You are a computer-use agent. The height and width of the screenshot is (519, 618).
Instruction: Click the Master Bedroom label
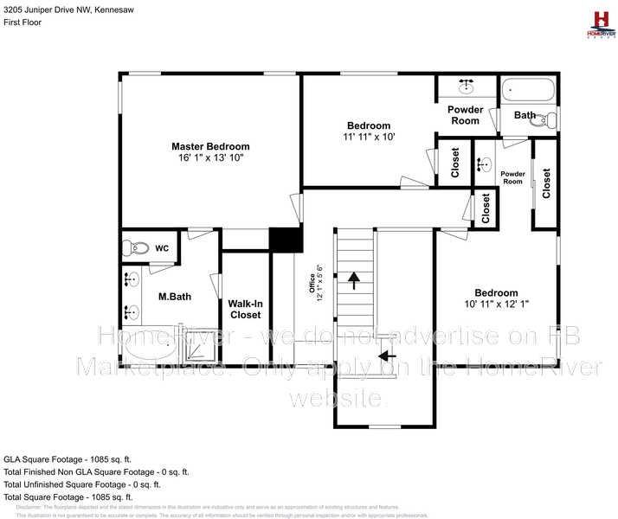(210, 146)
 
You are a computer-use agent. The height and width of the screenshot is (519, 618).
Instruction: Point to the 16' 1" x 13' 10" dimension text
(210, 158)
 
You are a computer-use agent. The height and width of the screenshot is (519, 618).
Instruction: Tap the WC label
(161, 248)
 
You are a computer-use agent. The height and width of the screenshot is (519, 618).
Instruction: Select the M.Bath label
(174, 297)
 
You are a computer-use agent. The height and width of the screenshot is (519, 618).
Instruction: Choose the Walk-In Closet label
(246, 310)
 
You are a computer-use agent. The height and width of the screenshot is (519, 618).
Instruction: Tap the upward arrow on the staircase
(354, 279)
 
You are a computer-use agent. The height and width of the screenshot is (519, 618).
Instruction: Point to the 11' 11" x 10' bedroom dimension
(369, 137)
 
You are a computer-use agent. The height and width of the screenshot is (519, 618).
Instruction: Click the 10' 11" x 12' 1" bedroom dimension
(496, 304)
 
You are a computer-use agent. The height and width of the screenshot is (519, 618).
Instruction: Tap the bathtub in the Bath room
(528, 89)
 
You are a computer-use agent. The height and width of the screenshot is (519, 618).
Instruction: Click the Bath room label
(525, 115)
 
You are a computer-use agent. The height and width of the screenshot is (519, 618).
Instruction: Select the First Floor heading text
(23, 22)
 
